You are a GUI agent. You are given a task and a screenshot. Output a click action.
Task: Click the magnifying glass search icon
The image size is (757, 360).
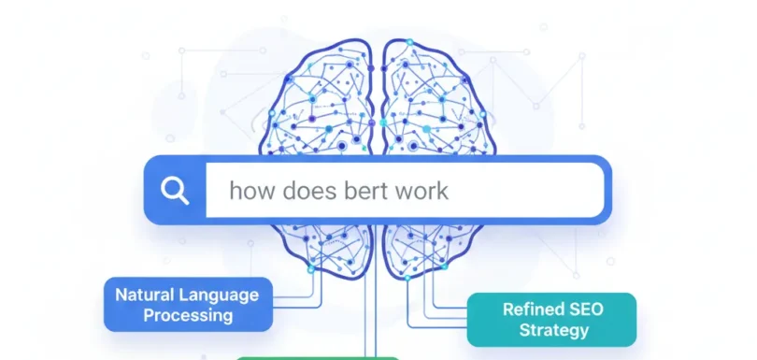pyautogui.click(x=175, y=190)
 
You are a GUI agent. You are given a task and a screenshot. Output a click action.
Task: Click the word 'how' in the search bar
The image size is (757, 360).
pyautogui.click(x=248, y=192)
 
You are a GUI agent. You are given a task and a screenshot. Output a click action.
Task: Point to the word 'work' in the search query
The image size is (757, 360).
pyautogui.click(x=421, y=192)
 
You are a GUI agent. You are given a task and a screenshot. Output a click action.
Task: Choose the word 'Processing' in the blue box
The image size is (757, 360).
pyautogui.click(x=188, y=315)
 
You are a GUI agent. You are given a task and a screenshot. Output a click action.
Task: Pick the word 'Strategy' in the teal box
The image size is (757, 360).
pyautogui.click(x=551, y=330)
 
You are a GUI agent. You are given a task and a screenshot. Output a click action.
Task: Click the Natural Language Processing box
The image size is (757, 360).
pyautogui.click(x=188, y=304)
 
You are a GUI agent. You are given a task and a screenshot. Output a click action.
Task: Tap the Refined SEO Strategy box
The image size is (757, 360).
pyautogui.click(x=551, y=320)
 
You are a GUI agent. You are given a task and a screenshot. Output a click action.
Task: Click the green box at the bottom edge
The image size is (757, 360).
pyautogui.click(x=318, y=357)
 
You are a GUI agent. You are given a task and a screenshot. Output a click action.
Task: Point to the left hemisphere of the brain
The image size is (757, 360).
pyautogui.click(x=318, y=103)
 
